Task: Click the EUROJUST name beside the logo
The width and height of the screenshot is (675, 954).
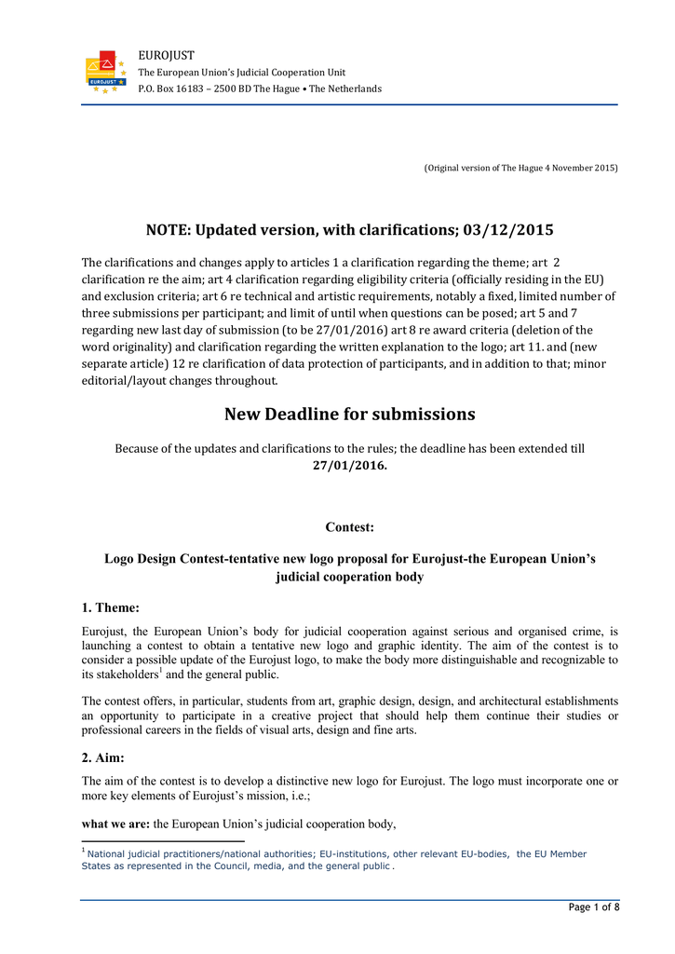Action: tap(166, 57)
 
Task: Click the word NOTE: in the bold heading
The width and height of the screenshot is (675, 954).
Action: tap(169, 229)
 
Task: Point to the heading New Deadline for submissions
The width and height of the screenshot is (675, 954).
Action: tap(349, 414)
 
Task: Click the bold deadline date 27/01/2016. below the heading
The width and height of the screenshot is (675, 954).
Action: tap(349, 464)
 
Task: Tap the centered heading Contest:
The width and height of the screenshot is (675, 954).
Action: tap(349, 527)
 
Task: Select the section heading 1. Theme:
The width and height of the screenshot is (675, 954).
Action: tap(111, 608)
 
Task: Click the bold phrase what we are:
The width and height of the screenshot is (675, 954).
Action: tap(116, 824)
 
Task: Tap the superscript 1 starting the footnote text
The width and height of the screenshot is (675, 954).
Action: tap(84, 850)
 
